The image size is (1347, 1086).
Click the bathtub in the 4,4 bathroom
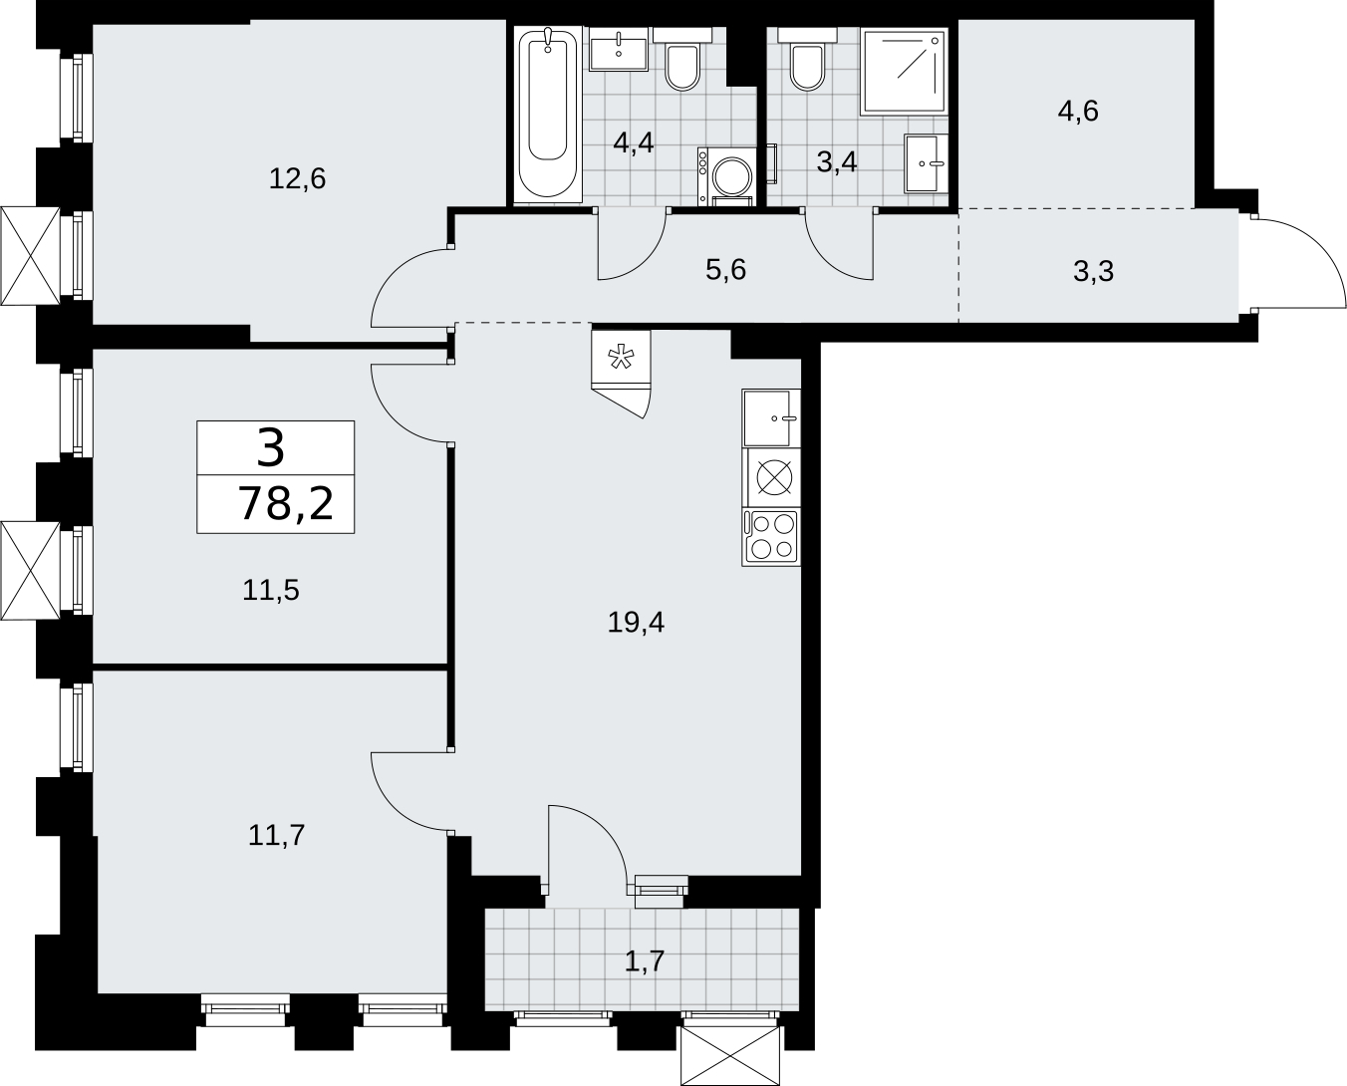548,115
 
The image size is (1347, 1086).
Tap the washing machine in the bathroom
726,176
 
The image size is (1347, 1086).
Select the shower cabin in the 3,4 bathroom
904,72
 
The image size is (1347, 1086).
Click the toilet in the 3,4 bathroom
807,60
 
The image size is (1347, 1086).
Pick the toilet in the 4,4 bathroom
681,60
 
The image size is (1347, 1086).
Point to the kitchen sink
771,418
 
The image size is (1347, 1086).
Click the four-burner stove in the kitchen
771,538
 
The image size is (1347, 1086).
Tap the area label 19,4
636,623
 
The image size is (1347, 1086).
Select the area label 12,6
297,179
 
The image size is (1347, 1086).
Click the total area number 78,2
285,504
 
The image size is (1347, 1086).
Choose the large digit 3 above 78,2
271,448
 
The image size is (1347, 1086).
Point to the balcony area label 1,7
644,960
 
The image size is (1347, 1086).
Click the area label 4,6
1078,112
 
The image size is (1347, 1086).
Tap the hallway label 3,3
1094,272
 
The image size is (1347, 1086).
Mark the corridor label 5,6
726,270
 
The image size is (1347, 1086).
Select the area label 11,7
277,835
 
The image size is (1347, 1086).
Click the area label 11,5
271,590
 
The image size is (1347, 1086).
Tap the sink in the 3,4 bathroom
926,163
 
